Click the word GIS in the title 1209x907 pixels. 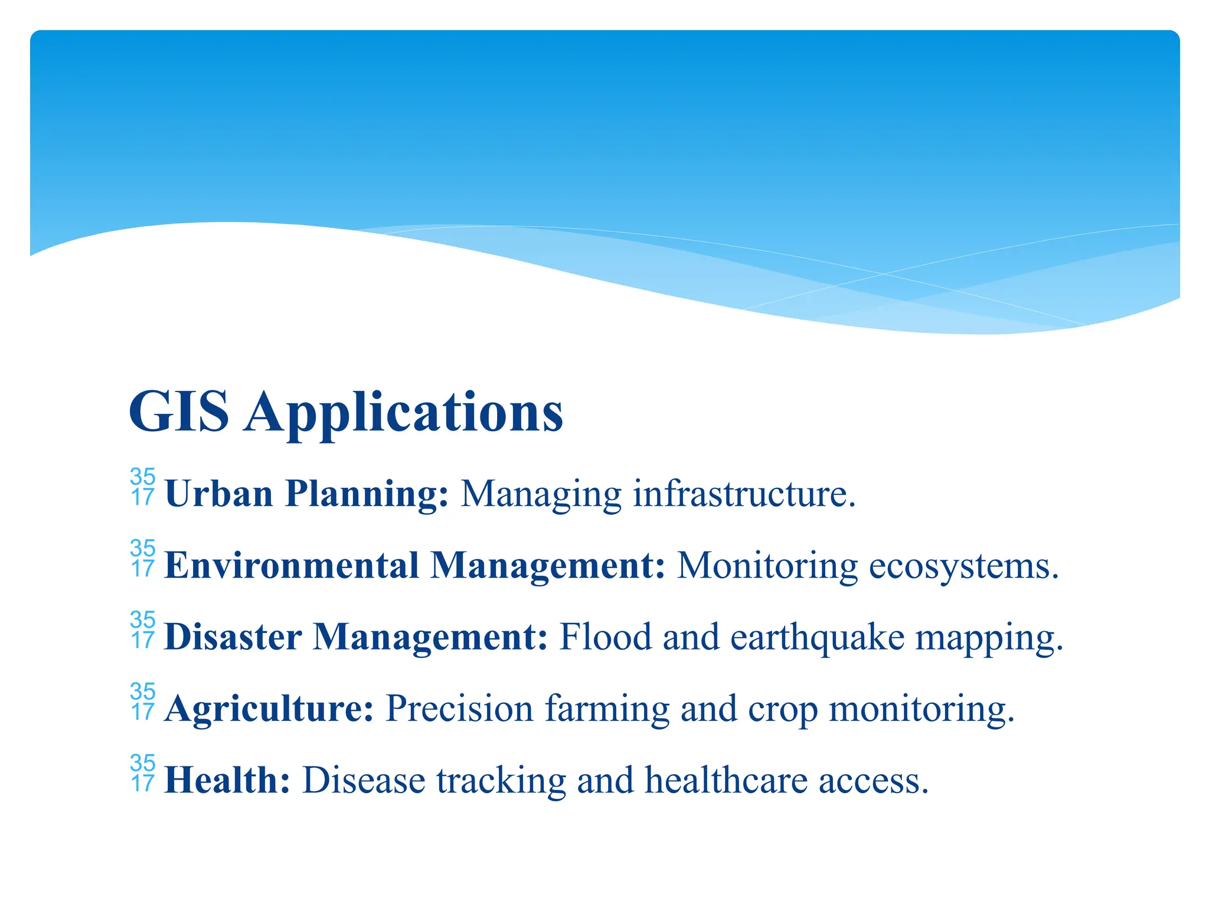pos(178,412)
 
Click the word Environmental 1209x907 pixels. pos(292,565)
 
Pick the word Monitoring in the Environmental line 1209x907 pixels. pos(767,566)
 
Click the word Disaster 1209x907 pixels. pos(233,637)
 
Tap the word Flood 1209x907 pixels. pos(605,637)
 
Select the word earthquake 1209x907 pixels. pos(817,638)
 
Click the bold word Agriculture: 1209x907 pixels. pos(269,709)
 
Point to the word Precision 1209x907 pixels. pos(459,708)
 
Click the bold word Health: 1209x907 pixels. pos(227,780)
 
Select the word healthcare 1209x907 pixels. pos(726,780)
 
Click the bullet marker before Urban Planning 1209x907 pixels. pos(143,487)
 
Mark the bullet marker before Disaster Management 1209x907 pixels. pos(143,630)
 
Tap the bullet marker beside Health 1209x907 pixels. pos(143,774)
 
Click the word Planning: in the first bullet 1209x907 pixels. pos(367,494)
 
